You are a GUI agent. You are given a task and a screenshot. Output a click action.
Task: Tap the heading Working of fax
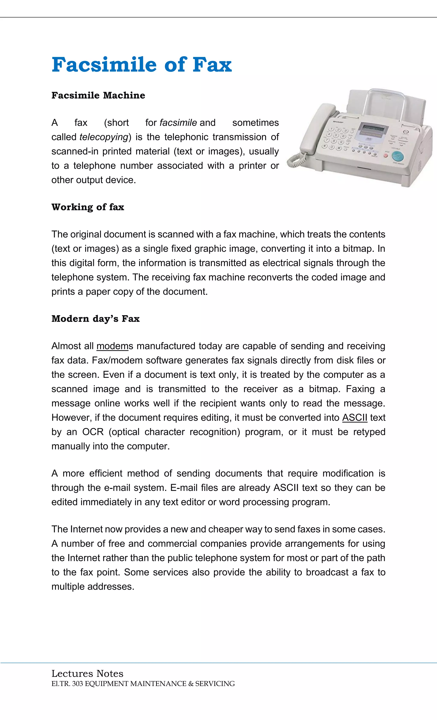pyautogui.click(x=88, y=207)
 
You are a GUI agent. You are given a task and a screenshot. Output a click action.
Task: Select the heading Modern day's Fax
pyautogui.click(x=96, y=319)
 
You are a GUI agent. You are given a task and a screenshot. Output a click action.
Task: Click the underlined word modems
pyautogui.click(x=112, y=346)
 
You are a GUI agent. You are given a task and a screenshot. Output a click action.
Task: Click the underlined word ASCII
pyautogui.click(x=355, y=418)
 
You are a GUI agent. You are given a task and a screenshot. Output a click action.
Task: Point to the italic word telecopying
pyautogui.click(x=104, y=137)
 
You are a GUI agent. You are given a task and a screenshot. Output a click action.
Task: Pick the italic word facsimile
pyautogui.click(x=178, y=123)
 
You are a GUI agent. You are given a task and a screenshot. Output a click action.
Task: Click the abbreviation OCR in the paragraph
pyautogui.click(x=93, y=432)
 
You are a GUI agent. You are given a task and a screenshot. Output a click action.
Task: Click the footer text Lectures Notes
pyautogui.click(x=87, y=673)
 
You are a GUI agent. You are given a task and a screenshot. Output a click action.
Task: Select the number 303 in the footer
pyautogui.click(x=77, y=684)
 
